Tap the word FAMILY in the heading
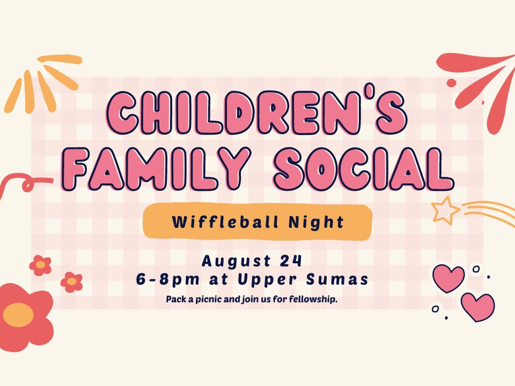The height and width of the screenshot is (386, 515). point(156,169)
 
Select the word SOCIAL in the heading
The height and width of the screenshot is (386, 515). point(364,169)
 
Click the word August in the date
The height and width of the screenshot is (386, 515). point(236,262)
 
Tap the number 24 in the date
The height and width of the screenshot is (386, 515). point(291,261)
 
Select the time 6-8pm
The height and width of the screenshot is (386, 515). point(168,280)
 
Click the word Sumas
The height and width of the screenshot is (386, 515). point(337,280)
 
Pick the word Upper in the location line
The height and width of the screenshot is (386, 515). point(267,280)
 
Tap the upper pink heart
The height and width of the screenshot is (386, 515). point(448,278)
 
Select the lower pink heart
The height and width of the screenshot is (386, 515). point(477,307)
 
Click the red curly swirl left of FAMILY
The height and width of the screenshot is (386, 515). point(26,184)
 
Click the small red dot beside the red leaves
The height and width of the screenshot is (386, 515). point(452,83)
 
